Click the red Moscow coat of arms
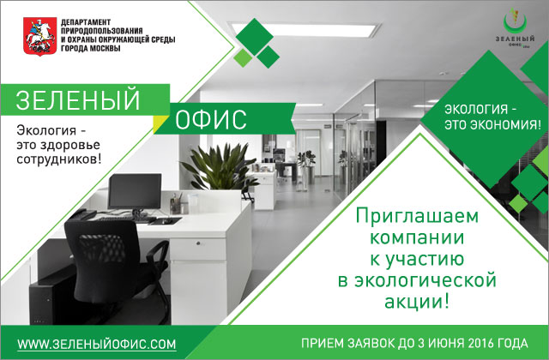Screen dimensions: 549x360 (40, 36)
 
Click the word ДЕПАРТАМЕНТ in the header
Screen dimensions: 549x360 (86, 22)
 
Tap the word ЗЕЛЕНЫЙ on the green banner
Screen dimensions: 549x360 (78, 99)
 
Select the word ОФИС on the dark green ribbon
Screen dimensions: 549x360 (211, 120)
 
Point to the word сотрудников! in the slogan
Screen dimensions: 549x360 (59, 159)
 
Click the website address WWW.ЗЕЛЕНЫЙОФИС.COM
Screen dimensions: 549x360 (97, 344)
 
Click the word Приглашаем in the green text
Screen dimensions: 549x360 (417, 216)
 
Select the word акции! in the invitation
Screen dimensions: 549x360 (417, 301)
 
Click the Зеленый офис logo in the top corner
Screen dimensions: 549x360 (515, 32)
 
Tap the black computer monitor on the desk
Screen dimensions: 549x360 (135, 192)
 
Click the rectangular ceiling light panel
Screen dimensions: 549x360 (305, 29)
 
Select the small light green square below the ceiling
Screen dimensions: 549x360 (243, 58)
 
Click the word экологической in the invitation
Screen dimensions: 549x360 (417, 280)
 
